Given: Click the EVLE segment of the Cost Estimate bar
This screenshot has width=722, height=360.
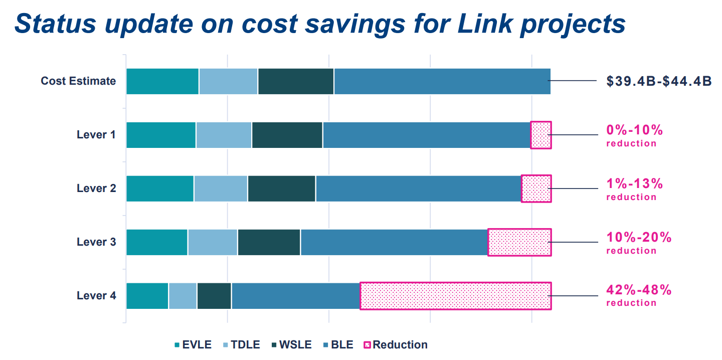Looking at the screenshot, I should coord(162,81).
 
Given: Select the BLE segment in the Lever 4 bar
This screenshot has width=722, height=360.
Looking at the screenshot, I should coord(296,296).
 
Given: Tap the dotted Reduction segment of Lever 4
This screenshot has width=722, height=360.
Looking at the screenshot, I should coord(455,296).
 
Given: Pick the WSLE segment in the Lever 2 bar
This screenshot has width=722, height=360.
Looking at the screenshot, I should coord(281,189).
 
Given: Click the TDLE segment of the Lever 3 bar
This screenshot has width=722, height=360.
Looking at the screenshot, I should coord(213,242).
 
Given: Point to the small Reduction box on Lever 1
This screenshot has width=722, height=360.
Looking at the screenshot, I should coord(541,135).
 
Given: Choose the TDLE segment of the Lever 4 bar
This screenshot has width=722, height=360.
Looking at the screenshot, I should coord(183,296).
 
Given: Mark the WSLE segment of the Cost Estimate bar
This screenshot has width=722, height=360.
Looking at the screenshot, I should coord(296,81).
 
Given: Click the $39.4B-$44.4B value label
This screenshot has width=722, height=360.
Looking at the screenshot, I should coord(659,81).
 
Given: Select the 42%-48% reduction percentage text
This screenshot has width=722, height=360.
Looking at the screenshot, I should coord(639,290).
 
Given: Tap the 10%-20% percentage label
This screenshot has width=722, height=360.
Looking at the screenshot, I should coord(639,237).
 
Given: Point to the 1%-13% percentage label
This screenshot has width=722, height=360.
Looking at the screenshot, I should coord(635,184).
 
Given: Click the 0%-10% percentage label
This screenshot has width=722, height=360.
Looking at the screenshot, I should coord(635,130).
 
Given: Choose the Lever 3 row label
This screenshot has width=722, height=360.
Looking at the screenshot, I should coord(96,242).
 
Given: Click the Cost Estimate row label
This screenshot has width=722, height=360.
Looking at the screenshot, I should coord(78,81).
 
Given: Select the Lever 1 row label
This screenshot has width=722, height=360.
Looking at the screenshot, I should coord(96,135).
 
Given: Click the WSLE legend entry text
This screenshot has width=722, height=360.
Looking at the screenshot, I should coord(295,345).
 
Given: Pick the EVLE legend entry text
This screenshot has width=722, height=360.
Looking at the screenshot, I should coord(197,345).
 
